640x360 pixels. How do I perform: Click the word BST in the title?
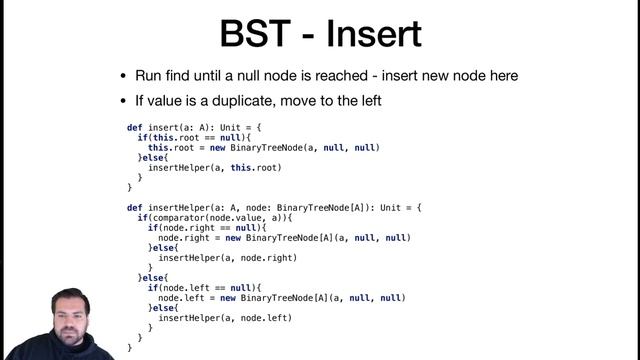261,34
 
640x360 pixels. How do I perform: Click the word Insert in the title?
375,34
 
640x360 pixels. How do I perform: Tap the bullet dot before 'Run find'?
124,76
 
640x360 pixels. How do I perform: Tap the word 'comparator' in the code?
179,218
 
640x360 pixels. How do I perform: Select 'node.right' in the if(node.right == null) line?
185,228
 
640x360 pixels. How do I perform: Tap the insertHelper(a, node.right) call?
228,258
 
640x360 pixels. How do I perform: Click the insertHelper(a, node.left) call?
225,318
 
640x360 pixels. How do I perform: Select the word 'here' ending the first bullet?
498,76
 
